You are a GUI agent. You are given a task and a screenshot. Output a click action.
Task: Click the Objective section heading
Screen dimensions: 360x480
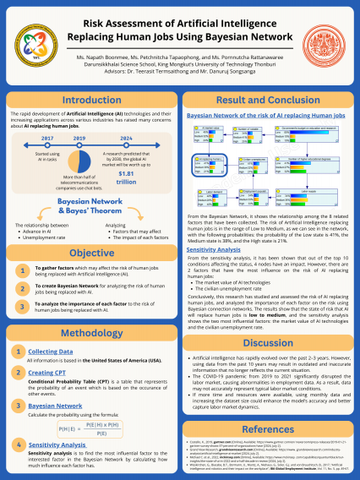pyautogui.click(x=90, y=253)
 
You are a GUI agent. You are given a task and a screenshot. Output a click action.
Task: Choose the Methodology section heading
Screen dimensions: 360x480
pyautogui.click(x=90, y=334)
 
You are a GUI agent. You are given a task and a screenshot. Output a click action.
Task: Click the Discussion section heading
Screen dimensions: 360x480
pyautogui.click(x=269, y=343)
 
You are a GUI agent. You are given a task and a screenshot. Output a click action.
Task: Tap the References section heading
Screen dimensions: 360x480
pyautogui.click(x=269, y=430)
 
